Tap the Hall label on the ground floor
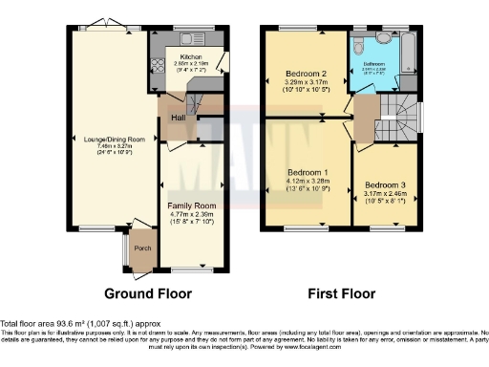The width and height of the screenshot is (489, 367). tap(178, 118)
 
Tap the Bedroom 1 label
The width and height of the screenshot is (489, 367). tap(308, 173)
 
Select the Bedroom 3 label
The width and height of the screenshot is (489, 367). tap(384, 183)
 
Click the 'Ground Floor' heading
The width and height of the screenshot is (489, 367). tap(147, 293)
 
